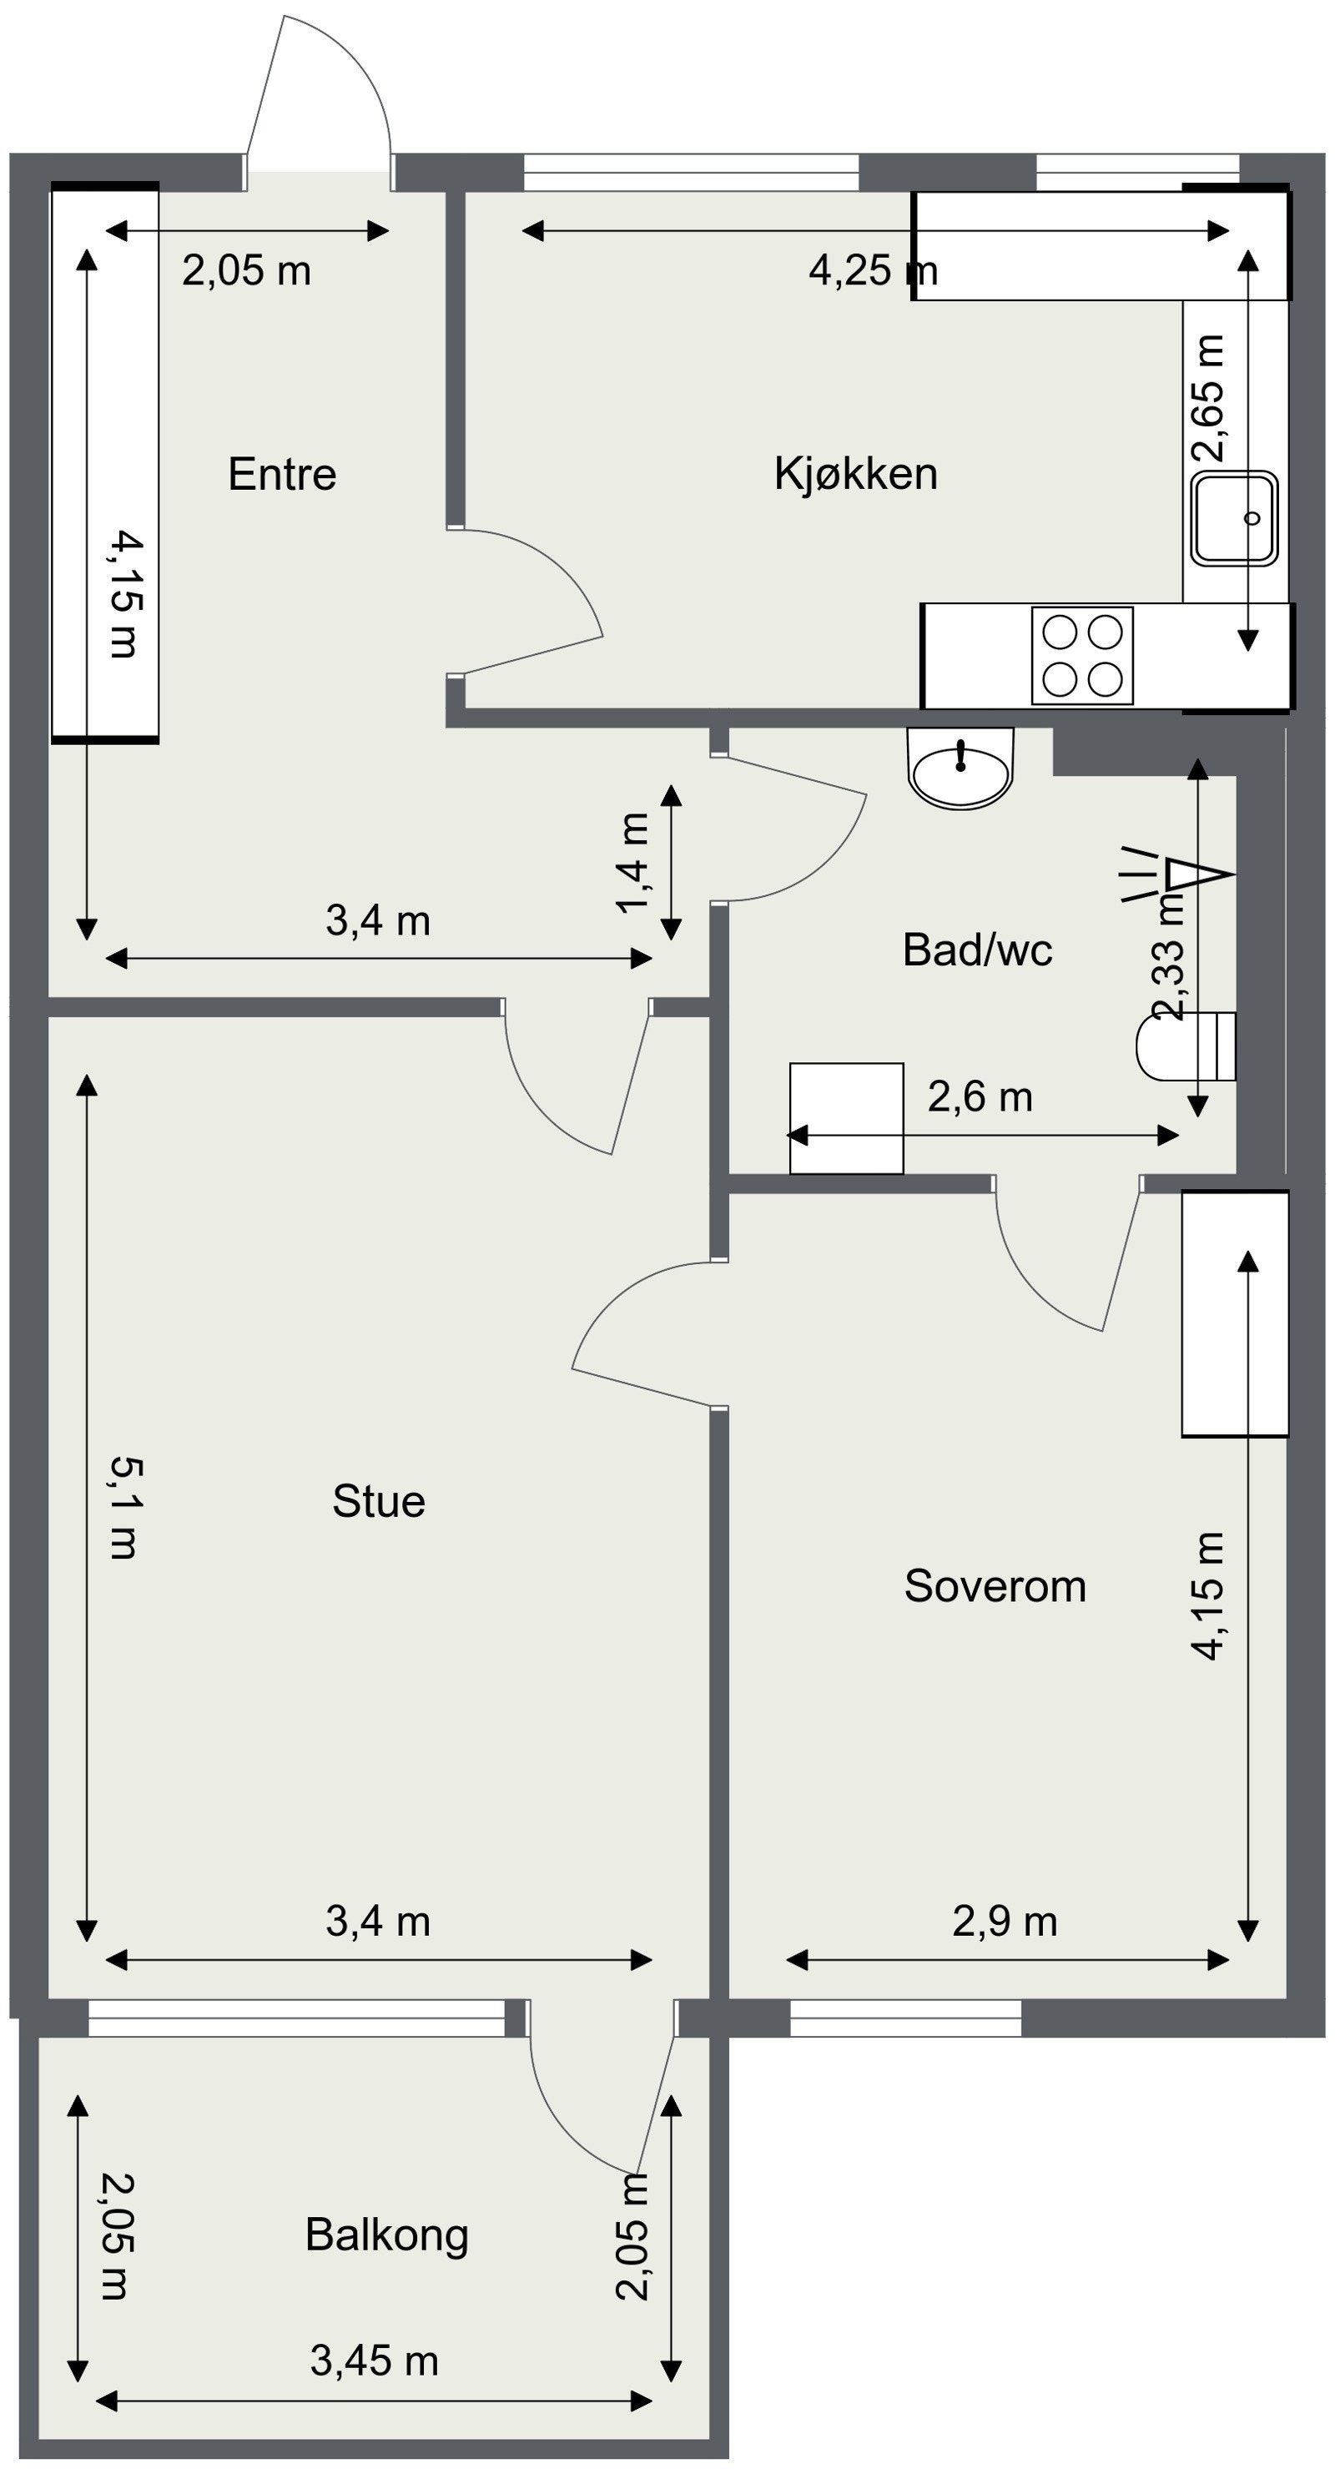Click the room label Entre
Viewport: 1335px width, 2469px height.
coord(282,475)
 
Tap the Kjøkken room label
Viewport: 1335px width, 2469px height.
coord(856,475)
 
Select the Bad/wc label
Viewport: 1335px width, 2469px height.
coord(978,950)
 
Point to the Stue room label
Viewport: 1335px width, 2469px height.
coord(379,1501)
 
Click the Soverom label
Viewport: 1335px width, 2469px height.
coord(995,1586)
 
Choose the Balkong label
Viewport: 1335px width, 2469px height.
coord(387,2236)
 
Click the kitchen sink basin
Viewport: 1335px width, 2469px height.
coord(1236,517)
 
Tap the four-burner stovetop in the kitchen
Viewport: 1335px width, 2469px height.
coord(1082,656)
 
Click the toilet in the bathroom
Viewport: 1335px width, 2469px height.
coord(1186,1046)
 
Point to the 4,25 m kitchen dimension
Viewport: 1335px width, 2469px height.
coord(873,271)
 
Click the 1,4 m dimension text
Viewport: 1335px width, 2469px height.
coord(634,863)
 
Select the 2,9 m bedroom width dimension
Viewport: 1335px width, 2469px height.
coord(1005,1922)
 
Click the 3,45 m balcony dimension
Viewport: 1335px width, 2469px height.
coord(374,2361)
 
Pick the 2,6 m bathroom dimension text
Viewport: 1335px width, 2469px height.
coord(980,1097)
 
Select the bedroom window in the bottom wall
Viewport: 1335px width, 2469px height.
coord(905,2018)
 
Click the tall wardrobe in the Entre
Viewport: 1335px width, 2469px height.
coord(104,462)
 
